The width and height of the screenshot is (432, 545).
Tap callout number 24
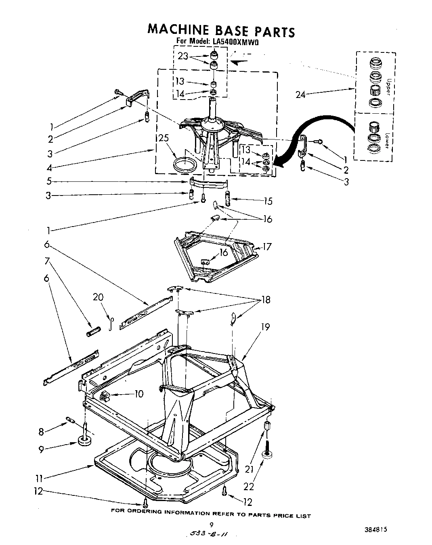300,95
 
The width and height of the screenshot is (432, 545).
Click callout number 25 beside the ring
163,139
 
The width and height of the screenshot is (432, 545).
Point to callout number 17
267,246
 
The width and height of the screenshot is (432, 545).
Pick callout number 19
265,327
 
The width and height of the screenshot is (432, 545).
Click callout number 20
98,297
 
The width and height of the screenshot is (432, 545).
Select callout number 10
138,393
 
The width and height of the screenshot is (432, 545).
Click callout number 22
249,486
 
